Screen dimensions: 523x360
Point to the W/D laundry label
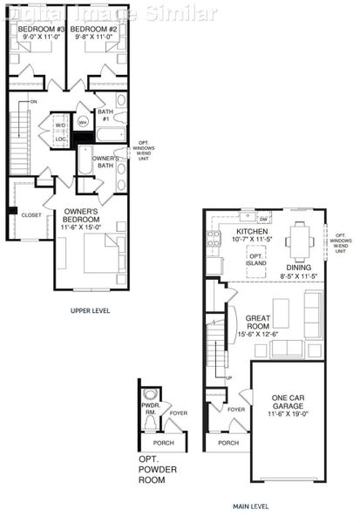pyautogui.click(x=60, y=125)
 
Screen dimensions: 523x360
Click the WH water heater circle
pyautogui.click(x=82, y=123)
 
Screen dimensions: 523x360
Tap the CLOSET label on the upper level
pyautogui.click(x=31, y=214)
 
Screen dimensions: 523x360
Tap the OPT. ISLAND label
pyautogui.click(x=256, y=259)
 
